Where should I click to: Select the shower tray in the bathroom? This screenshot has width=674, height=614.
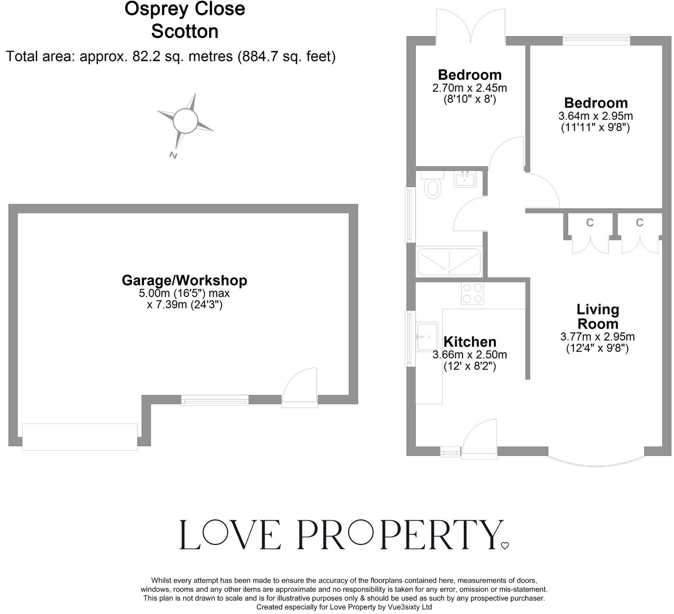[449, 262]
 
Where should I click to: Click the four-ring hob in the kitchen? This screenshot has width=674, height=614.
[472, 293]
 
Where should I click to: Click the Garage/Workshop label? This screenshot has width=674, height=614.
[184, 280]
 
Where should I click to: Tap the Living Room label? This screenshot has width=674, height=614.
[598, 316]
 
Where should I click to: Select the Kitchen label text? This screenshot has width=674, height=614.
[470, 342]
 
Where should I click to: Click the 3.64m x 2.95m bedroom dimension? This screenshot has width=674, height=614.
[595, 116]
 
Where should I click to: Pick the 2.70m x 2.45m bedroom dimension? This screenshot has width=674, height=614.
[469, 88]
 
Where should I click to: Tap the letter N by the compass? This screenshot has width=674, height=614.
[173, 155]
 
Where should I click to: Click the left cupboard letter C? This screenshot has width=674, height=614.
[590, 222]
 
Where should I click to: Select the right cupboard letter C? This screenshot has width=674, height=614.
[640, 222]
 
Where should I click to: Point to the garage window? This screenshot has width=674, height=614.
[215, 400]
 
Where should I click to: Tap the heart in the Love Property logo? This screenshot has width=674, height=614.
[505, 546]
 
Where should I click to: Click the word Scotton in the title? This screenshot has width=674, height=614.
[185, 31]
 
